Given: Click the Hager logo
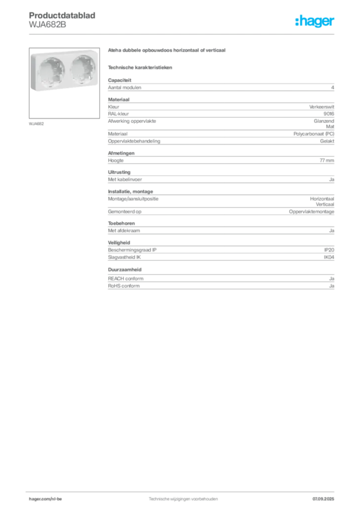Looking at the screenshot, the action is click(x=315, y=21).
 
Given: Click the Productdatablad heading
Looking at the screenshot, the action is click(x=62, y=15).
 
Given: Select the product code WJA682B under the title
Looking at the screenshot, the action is click(x=47, y=24).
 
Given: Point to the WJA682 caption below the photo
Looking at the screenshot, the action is click(x=36, y=124).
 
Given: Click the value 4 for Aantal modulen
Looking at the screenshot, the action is click(x=333, y=87).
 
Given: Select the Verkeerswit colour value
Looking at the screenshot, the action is click(x=321, y=107).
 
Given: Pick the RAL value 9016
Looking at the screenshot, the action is click(x=329, y=114).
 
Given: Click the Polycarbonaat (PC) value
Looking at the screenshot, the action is click(x=314, y=134).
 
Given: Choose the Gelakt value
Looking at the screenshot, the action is click(x=327, y=141).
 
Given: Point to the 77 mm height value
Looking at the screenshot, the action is click(x=327, y=161).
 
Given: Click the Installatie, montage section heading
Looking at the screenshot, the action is click(x=130, y=191).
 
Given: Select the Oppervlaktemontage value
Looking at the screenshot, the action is click(x=311, y=212).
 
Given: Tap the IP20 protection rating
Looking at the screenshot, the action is click(x=329, y=250).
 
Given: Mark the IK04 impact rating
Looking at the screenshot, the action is click(x=329, y=257).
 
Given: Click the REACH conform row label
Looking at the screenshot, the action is click(x=126, y=278).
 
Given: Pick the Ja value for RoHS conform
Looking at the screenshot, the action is click(x=332, y=286).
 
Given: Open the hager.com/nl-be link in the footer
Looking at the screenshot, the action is click(x=45, y=499).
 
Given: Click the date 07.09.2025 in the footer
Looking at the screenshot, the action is click(x=323, y=499).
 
